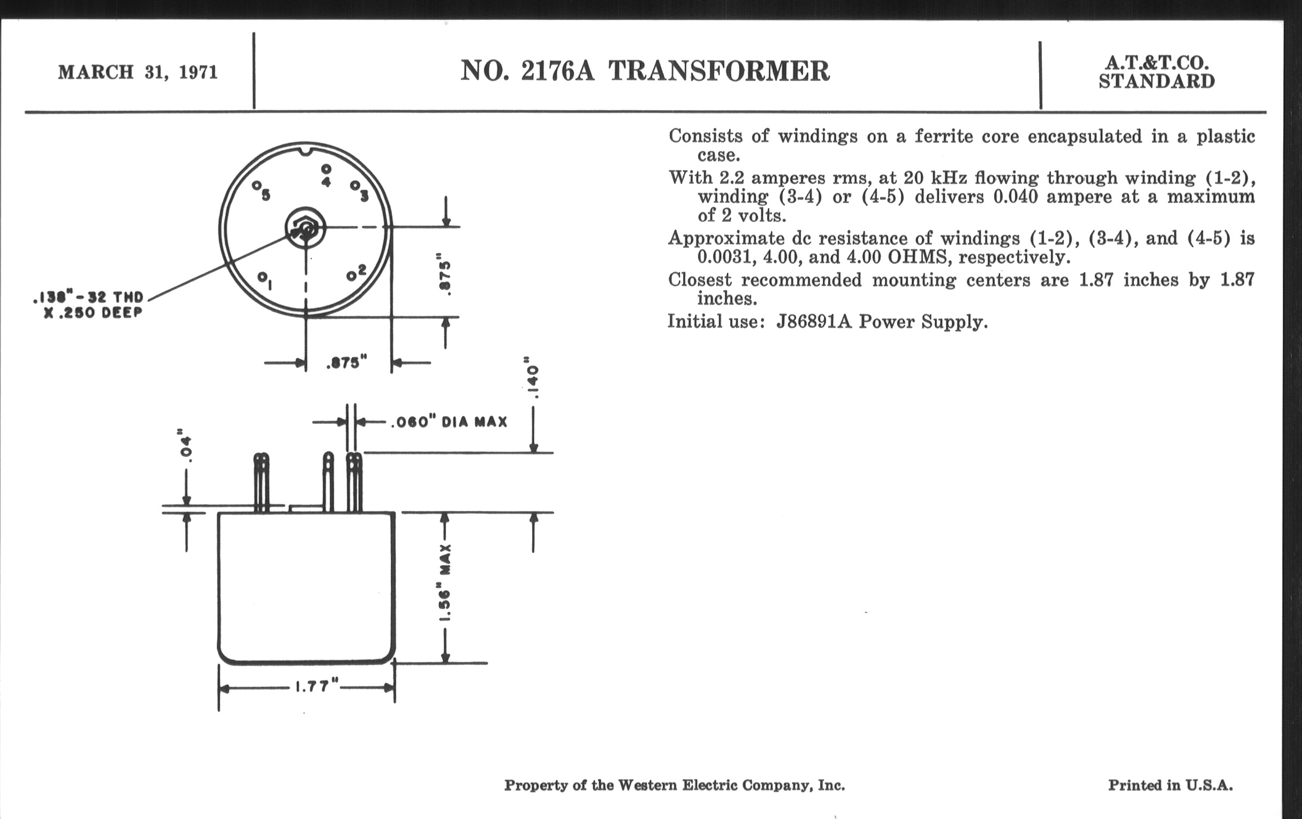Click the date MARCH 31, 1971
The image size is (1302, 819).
[x=138, y=72]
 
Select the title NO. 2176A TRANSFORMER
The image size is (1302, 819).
[x=645, y=71]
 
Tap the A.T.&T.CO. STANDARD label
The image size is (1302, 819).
[x=1156, y=72]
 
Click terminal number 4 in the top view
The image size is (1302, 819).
[x=326, y=176]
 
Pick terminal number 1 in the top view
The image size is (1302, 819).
[x=265, y=279]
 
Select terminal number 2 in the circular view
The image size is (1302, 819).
[x=357, y=273]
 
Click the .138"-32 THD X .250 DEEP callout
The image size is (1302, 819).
[x=89, y=305]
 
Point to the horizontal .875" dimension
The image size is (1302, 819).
[x=346, y=363]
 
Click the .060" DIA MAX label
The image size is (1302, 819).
[x=449, y=422]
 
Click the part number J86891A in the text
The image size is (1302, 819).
[x=814, y=322]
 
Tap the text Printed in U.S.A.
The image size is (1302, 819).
[x=1170, y=785]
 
